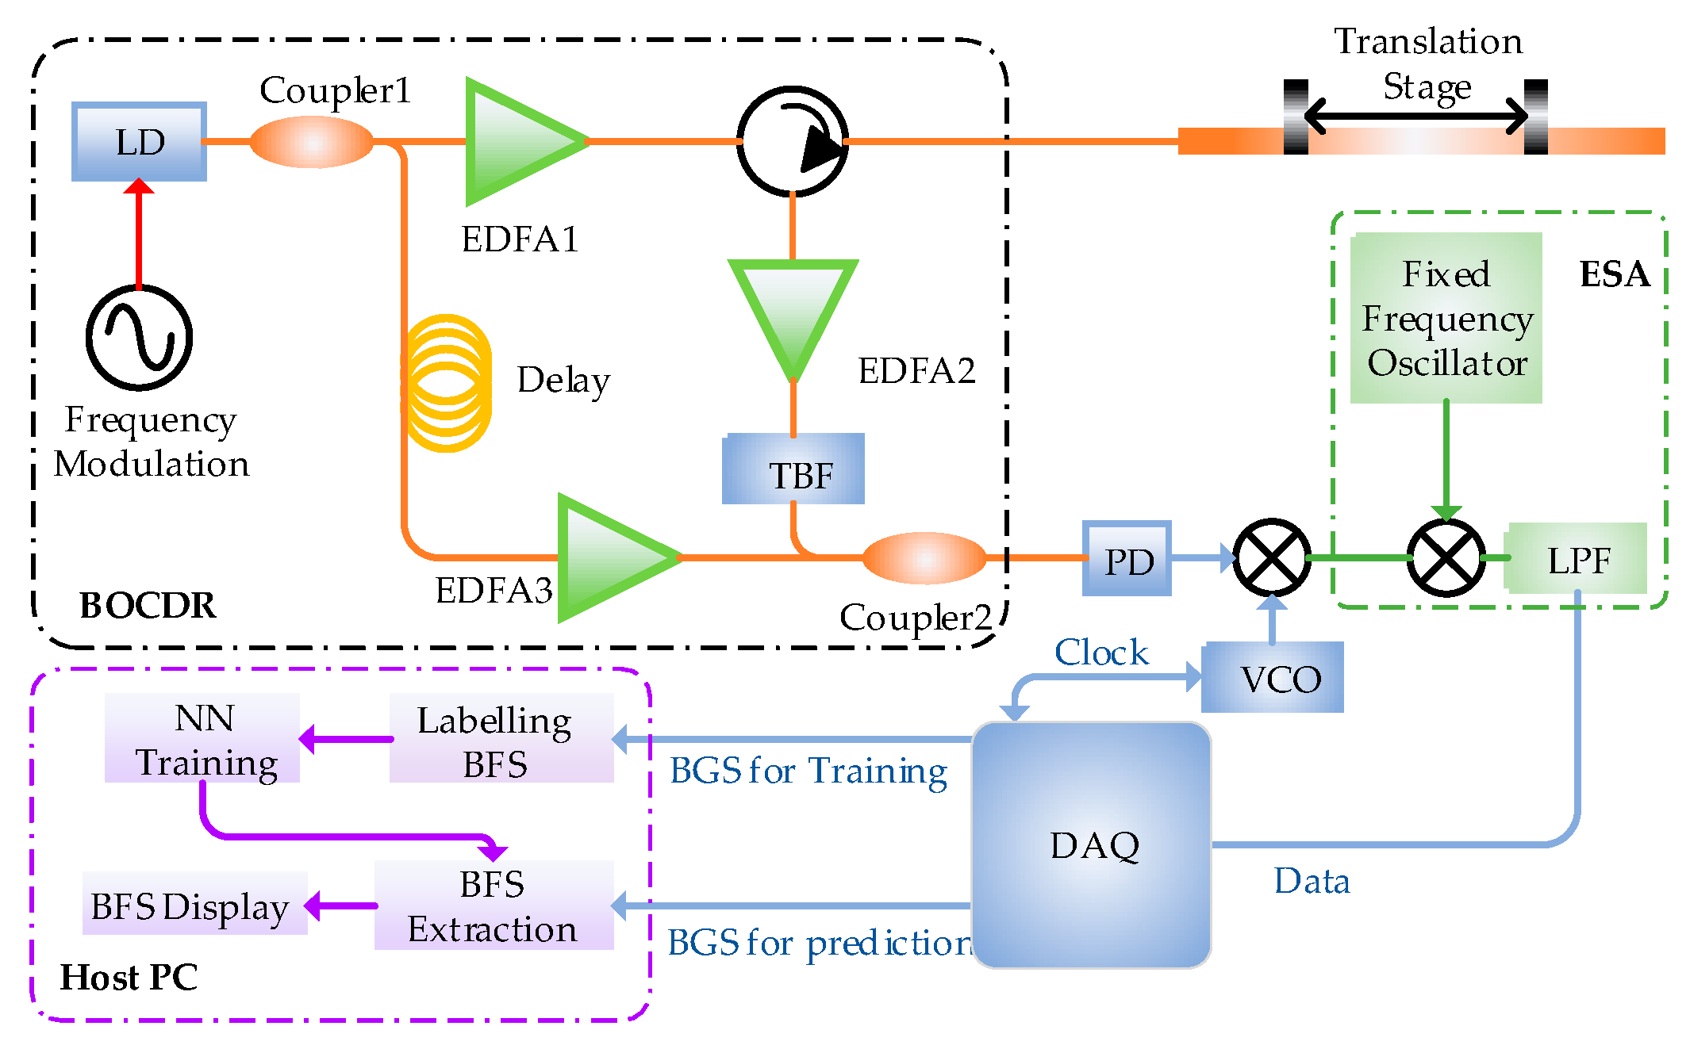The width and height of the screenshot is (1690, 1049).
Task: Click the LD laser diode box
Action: (x=139, y=141)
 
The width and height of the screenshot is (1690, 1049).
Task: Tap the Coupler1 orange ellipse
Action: (x=311, y=142)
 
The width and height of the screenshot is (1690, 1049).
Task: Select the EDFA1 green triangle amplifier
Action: (x=516, y=141)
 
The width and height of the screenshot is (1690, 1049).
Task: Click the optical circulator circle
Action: (x=792, y=141)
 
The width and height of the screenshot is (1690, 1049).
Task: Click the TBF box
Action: (x=793, y=469)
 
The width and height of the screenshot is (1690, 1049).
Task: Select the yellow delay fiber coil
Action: (x=446, y=384)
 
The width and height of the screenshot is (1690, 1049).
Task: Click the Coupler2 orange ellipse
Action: (x=924, y=558)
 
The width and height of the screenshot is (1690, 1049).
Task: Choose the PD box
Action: (x=1127, y=559)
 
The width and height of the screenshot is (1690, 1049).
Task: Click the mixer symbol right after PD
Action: (x=1271, y=558)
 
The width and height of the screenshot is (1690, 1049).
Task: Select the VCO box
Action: (x=1273, y=678)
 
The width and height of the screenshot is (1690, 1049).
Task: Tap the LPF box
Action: (x=1576, y=559)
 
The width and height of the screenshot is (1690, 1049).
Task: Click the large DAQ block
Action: (x=1092, y=845)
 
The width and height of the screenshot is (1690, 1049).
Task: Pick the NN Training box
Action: (x=203, y=738)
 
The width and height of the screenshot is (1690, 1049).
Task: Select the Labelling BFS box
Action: (x=501, y=738)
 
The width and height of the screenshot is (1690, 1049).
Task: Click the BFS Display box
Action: (x=195, y=904)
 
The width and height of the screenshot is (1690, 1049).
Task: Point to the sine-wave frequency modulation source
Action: (x=139, y=338)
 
